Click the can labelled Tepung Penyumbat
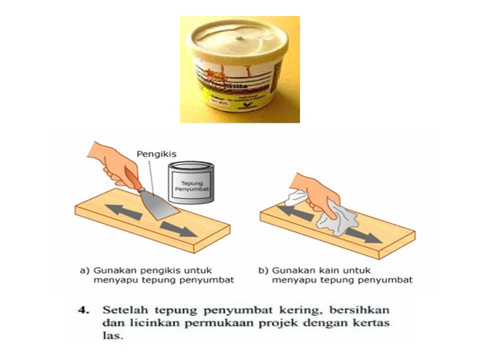(190, 182)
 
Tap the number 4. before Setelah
(83, 309)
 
